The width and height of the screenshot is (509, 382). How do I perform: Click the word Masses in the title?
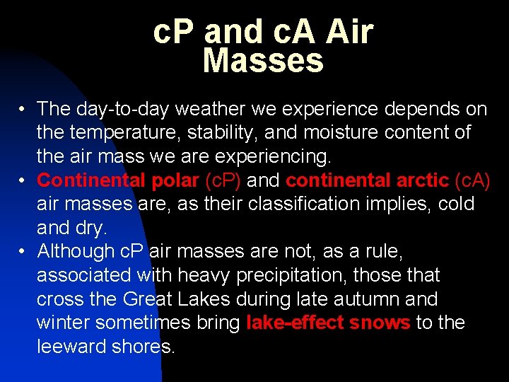click(x=262, y=61)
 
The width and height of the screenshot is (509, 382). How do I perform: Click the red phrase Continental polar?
click(x=117, y=180)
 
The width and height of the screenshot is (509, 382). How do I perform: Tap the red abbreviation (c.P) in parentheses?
click(x=223, y=180)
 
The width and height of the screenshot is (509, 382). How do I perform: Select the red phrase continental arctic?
click(x=368, y=180)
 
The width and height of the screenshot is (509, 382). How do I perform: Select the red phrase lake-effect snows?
click(x=328, y=323)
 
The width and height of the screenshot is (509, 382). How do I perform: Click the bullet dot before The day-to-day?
click(x=23, y=110)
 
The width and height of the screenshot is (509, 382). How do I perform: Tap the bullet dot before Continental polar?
click(x=23, y=181)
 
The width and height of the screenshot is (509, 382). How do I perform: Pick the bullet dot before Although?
click(x=23, y=252)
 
